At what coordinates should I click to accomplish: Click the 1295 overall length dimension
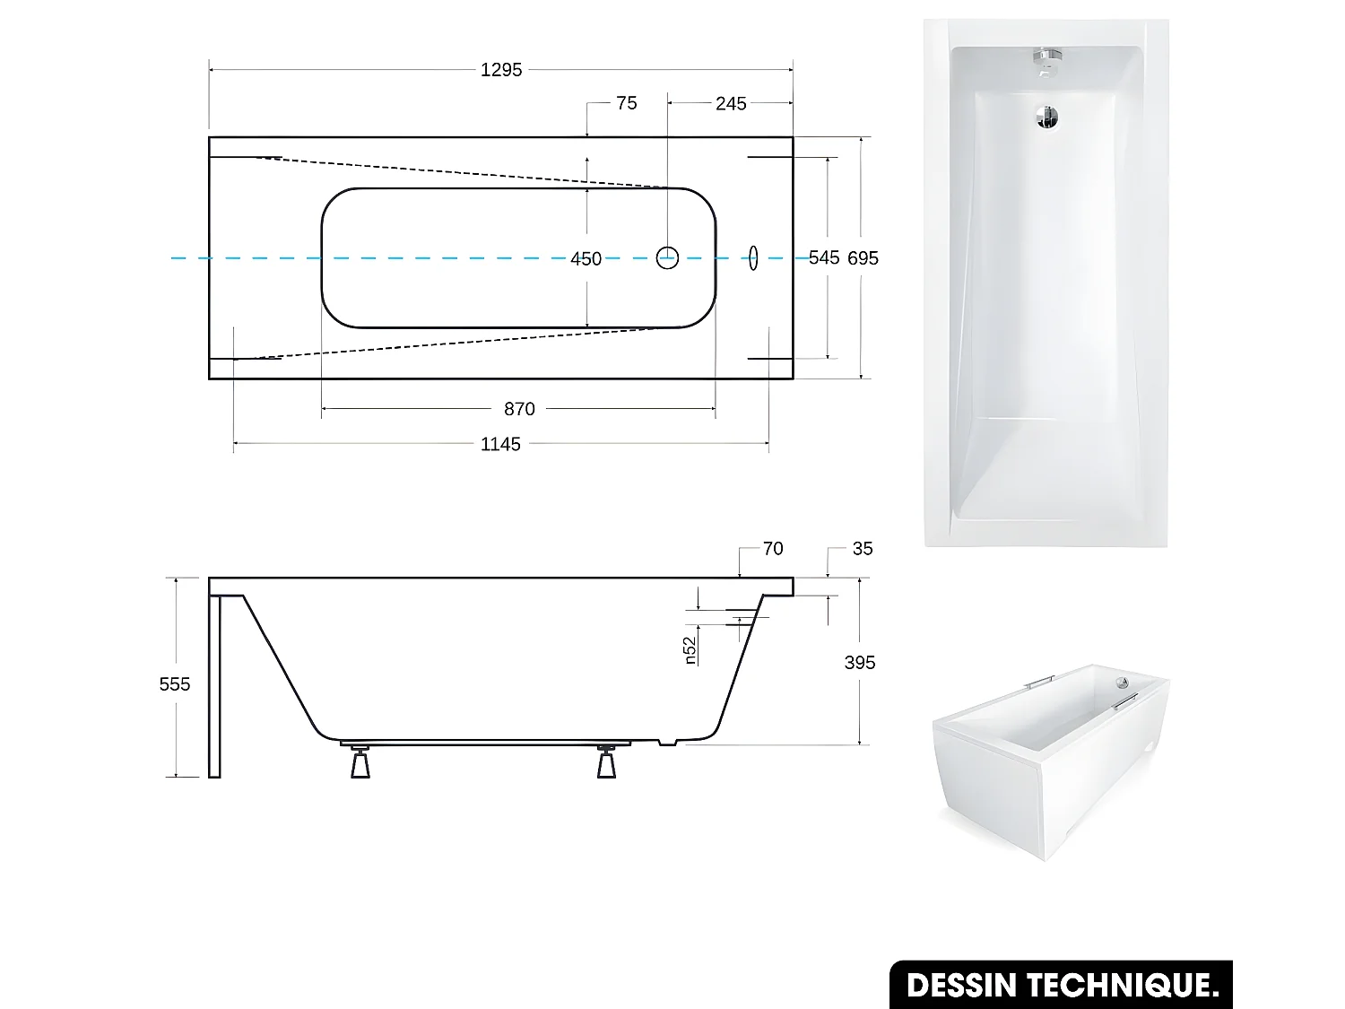coord(500,70)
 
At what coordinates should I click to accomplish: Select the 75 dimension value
coord(627,103)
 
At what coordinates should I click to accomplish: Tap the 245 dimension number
coord(731,104)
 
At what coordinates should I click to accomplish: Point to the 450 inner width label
coord(586,259)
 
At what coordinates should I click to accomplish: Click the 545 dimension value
coord(824,258)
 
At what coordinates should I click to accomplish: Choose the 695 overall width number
coord(863,258)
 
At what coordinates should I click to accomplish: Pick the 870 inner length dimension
coord(519,409)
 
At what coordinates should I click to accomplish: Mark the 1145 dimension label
coord(500,444)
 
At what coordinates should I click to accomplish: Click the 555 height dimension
coord(175,684)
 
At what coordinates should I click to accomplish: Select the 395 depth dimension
coord(860,663)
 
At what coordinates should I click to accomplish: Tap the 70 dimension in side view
coord(773,549)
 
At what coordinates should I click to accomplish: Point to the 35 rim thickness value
coord(863,549)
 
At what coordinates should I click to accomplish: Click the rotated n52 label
coord(690,651)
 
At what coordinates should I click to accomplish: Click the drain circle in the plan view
coord(667,257)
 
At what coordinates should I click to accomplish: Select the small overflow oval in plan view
coord(753,257)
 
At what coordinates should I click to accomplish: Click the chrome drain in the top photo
coord(1047,117)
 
